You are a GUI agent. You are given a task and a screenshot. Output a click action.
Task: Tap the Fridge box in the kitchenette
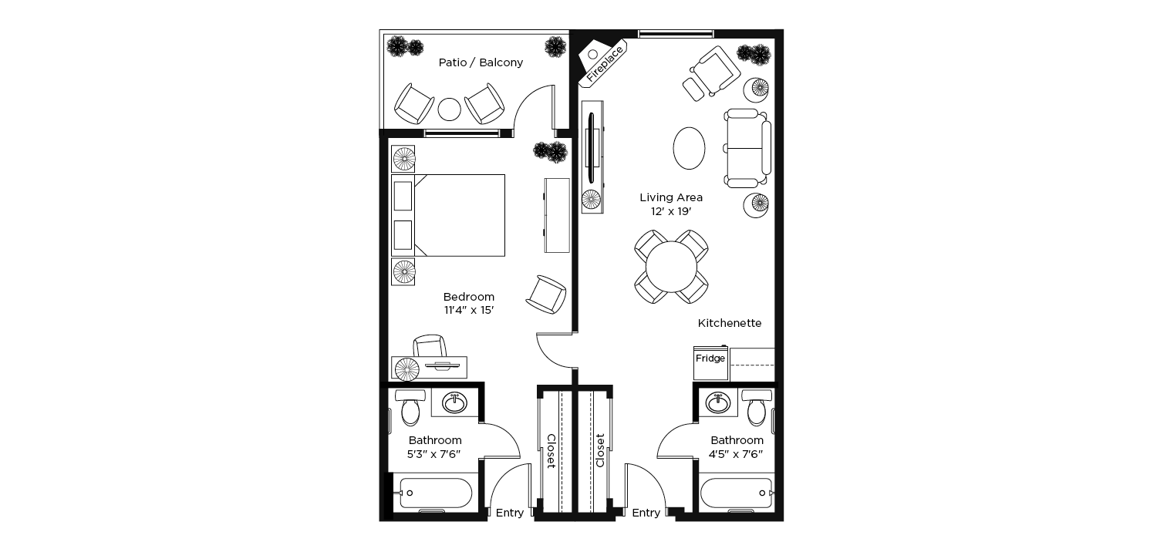710,363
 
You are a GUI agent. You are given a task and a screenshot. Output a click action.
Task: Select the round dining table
671,267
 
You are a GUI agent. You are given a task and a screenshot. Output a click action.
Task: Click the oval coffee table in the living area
689,148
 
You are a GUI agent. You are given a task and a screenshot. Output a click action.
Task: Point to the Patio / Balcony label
481,62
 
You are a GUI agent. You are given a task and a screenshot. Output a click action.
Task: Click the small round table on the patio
450,109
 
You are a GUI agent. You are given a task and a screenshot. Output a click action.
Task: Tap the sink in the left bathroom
454,402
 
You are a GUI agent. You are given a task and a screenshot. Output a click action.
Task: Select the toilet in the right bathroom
757,407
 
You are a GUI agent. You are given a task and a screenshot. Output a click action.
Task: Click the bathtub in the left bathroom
436,493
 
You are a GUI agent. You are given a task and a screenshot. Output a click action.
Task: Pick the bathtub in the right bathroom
736,493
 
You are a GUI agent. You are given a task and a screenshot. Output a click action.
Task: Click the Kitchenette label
730,323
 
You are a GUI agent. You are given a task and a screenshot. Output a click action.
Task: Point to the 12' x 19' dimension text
671,211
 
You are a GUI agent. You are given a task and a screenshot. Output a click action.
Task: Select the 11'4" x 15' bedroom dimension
469,311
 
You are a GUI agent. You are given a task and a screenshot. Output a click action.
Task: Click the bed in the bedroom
448,215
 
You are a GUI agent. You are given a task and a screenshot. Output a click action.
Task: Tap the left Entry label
510,513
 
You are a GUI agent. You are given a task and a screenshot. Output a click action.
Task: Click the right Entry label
646,513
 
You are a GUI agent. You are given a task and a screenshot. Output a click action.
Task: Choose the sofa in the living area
747,148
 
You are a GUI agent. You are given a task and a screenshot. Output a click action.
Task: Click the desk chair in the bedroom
430,345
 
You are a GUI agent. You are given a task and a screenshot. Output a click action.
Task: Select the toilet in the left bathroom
410,407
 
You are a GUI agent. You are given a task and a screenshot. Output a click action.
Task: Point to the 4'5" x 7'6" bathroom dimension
737,454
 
